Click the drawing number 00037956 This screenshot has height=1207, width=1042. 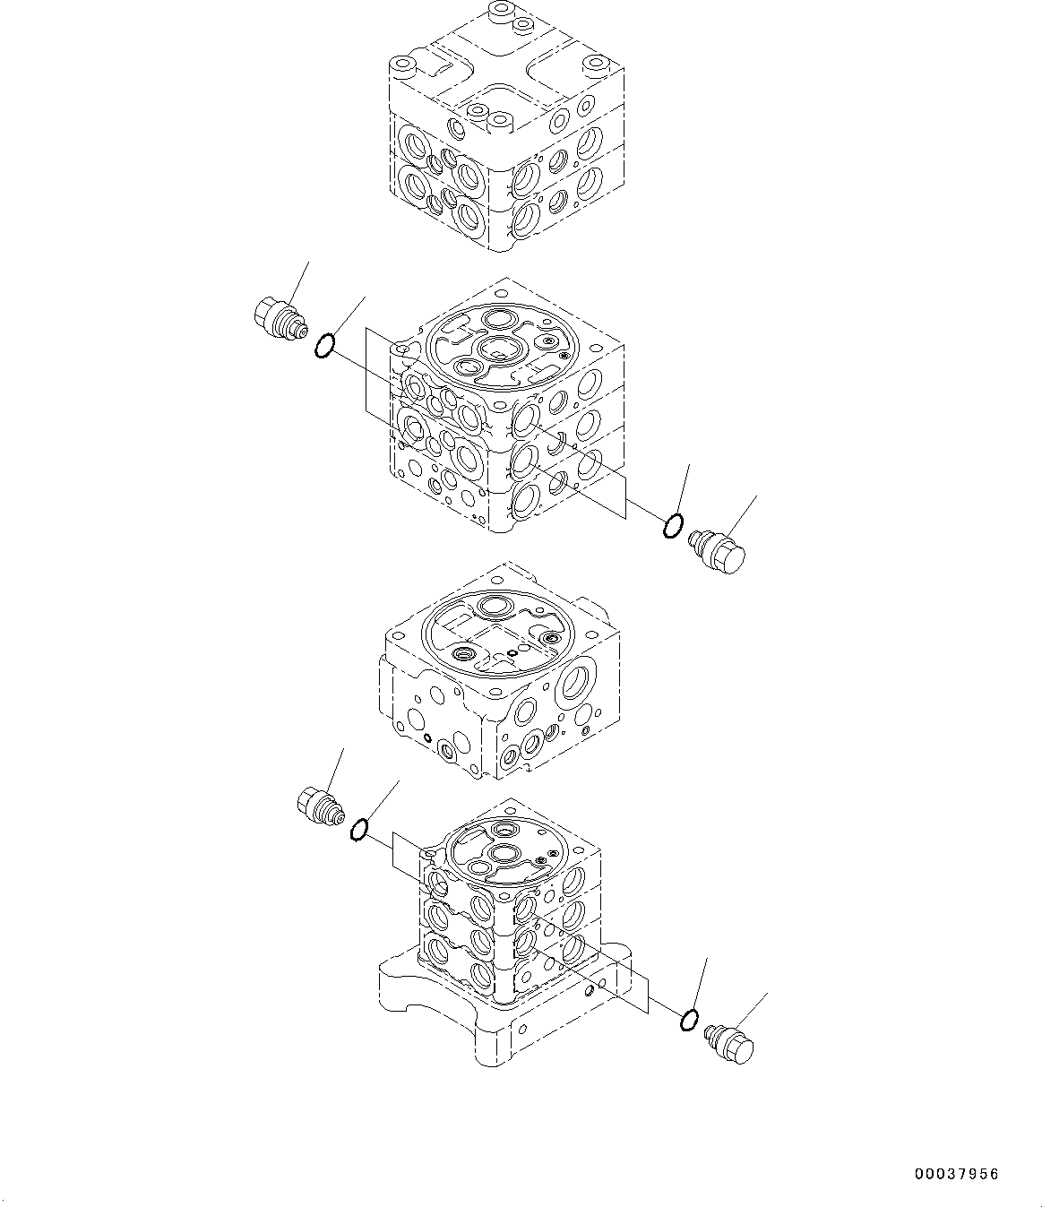pos(956,1174)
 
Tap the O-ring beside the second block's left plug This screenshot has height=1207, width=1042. pos(325,345)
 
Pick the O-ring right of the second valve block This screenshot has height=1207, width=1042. pos(672,527)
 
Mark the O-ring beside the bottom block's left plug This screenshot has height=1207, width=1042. pos(358,831)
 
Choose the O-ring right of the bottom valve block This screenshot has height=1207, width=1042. pos(689,1020)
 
